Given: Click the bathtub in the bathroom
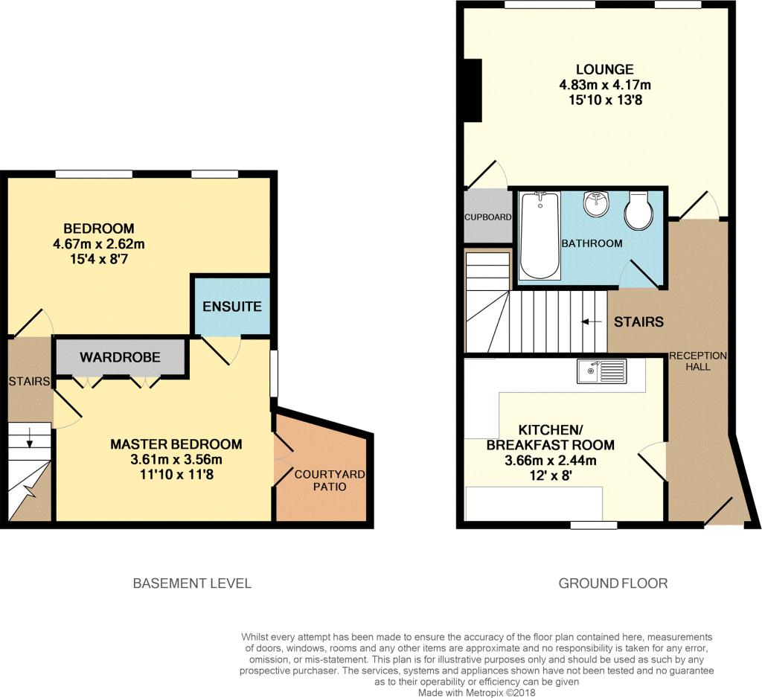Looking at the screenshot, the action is click(x=540, y=235).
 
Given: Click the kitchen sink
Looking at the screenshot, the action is click(x=601, y=371).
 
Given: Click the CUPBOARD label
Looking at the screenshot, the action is click(x=488, y=217).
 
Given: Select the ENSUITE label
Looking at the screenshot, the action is click(x=232, y=307).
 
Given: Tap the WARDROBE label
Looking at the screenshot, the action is click(x=120, y=357).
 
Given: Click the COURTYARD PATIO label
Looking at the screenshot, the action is click(x=330, y=480).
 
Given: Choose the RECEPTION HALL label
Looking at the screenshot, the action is click(x=698, y=361).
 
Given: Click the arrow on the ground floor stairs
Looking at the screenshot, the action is click(x=591, y=321).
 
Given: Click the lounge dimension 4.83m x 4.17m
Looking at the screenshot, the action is click(x=604, y=85).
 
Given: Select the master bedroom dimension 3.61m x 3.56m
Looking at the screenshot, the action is click(x=176, y=459).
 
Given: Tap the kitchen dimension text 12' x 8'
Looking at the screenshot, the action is click(x=551, y=475).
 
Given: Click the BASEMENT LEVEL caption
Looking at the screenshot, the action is click(x=192, y=583).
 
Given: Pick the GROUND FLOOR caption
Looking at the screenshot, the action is click(x=613, y=583).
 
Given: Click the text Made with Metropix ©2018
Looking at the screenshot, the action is click(x=477, y=693).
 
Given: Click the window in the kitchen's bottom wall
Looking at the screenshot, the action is click(x=593, y=525).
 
